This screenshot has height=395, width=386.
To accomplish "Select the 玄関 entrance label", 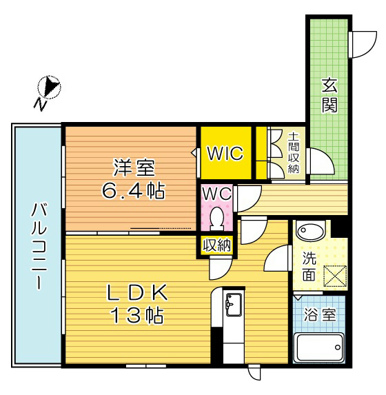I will [x=329, y=96].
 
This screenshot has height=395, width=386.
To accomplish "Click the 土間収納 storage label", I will [x=294, y=153].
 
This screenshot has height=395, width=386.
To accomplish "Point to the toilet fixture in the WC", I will [x=216, y=219].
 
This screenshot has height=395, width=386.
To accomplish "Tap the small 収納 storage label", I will [x=216, y=245].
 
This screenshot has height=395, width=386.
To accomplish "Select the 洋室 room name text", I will [x=134, y=168].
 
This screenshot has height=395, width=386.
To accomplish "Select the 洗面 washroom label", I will [x=310, y=266].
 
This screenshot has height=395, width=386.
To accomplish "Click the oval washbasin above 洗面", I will [x=310, y=232].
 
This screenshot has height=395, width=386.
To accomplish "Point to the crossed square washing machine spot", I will [x=334, y=275].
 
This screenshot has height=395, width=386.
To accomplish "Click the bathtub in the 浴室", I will [x=319, y=348].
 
